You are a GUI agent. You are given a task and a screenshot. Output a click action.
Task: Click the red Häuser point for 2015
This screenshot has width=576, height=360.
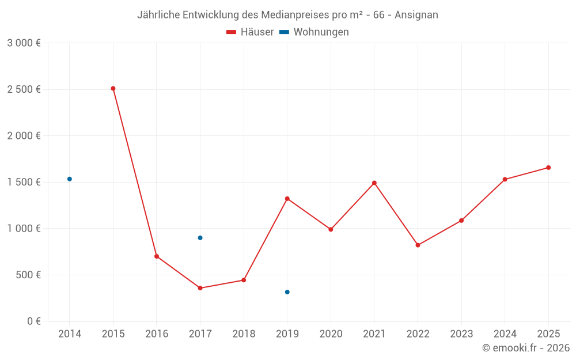pyautogui.click(x=113, y=89)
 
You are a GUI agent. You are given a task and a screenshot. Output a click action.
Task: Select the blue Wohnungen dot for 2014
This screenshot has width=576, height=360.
pyautogui.click(x=70, y=179)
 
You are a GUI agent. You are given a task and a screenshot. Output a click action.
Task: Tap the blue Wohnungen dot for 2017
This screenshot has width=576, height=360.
pyautogui.click(x=200, y=238)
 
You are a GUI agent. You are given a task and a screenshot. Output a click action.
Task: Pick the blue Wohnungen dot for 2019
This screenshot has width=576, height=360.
pyautogui.click(x=287, y=292)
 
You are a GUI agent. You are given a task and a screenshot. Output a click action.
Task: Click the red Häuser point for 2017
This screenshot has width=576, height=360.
pyautogui.click(x=200, y=288)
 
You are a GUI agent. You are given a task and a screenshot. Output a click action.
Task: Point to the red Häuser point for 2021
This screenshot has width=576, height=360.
pyautogui.click(x=374, y=183)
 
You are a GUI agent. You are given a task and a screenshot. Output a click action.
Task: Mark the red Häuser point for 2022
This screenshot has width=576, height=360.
pyautogui.click(x=418, y=245)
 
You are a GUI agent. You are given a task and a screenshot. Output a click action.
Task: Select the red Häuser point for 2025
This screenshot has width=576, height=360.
pyautogui.click(x=548, y=168)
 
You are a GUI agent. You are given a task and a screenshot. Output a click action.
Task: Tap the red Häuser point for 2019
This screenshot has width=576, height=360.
pyautogui.click(x=287, y=199)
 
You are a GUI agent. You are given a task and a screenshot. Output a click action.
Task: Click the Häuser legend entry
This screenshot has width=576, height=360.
pyautogui.click(x=250, y=32)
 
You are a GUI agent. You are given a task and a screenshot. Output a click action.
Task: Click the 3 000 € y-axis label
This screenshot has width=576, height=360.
pyautogui.click(x=24, y=43)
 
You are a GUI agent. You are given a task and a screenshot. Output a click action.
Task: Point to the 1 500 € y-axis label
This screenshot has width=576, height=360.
pyautogui.click(x=24, y=182)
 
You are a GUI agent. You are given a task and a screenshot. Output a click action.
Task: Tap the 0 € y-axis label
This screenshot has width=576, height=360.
pyautogui.click(x=33, y=321)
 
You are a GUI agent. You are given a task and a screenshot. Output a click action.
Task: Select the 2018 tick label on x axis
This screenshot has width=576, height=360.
pyautogui.click(x=244, y=334)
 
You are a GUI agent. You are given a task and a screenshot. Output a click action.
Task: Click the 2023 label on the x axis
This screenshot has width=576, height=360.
pyautogui.click(x=461, y=334)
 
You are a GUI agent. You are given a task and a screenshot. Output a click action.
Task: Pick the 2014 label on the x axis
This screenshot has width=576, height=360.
pyautogui.click(x=70, y=334)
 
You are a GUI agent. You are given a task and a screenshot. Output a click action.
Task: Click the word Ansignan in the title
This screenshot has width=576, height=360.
pyautogui.click(x=416, y=15)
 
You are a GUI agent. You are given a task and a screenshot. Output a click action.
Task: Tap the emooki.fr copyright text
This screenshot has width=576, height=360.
pyautogui.click(x=525, y=348)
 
